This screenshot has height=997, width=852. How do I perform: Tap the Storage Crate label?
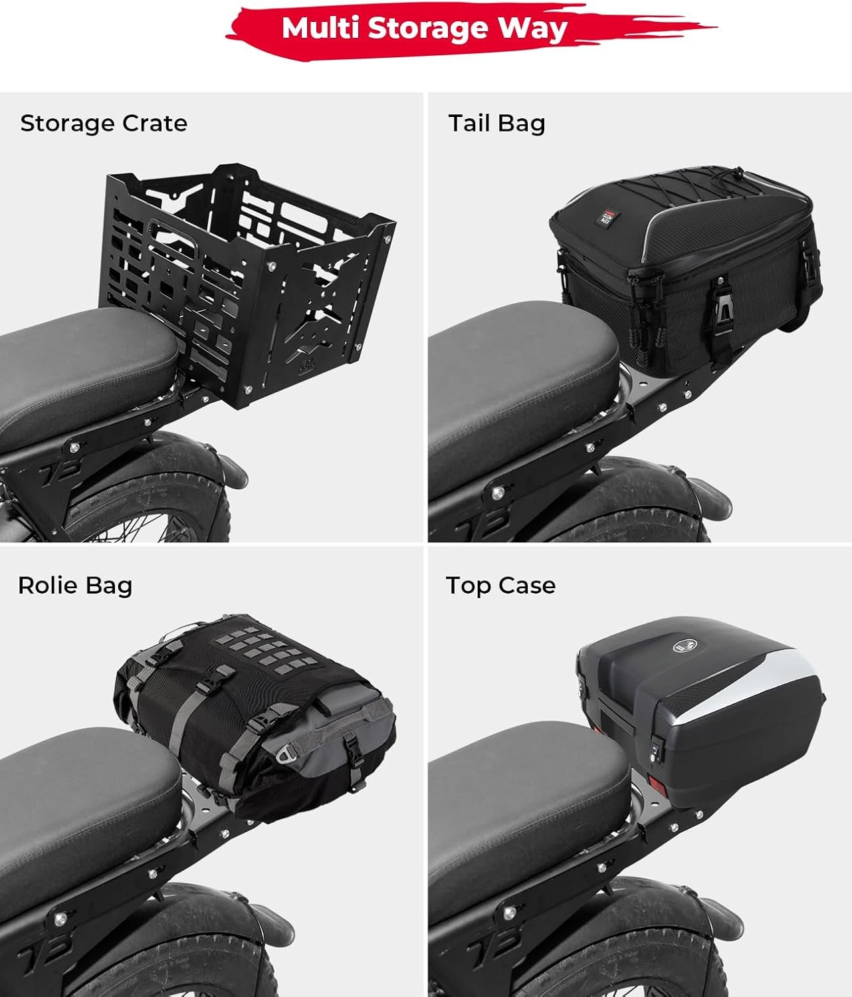104,124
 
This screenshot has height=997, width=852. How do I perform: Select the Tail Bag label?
496,124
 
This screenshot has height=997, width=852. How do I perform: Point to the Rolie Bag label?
75,586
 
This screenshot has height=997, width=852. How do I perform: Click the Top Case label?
500,586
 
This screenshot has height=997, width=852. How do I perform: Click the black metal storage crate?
248,284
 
